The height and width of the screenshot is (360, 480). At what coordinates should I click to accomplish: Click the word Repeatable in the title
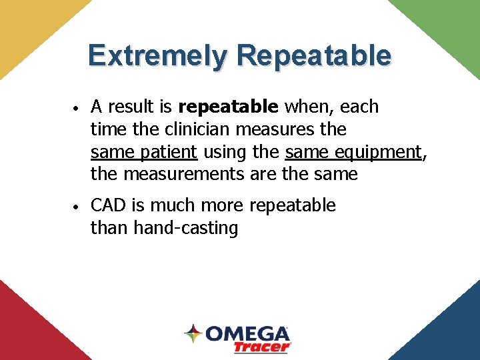[313, 55]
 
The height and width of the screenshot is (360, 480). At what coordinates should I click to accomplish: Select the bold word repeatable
[228, 107]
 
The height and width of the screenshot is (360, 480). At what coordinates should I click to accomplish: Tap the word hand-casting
[186, 228]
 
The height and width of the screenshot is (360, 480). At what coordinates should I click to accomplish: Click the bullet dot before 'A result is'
[77, 108]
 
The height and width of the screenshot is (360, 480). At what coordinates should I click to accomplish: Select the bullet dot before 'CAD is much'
[77, 207]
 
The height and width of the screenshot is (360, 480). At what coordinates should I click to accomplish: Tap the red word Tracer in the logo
[262, 347]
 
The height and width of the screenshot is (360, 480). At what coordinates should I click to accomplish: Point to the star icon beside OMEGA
[193, 333]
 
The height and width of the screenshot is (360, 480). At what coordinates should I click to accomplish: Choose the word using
[225, 152]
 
